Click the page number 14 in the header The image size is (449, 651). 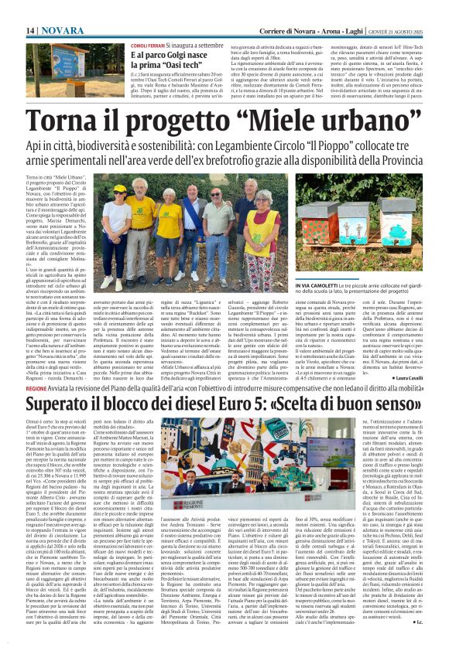31,29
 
